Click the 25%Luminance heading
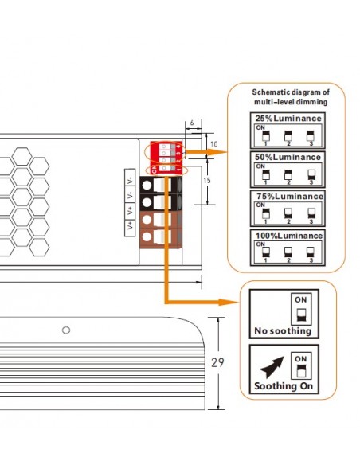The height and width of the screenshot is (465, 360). pyautogui.click(x=288, y=119)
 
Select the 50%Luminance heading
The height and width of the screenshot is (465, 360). pyautogui.click(x=288, y=158)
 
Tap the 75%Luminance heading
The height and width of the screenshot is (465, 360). pyautogui.click(x=288, y=196)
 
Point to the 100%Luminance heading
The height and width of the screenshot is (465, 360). pyautogui.click(x=288, y=235)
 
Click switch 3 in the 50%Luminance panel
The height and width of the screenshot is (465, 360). pyautogui.click(x=311, y=173)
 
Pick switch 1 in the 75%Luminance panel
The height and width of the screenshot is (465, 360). pyautogui.click(x=264, y=212)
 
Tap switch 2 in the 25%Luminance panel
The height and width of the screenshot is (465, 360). pyautogui.click(x=288, y=134)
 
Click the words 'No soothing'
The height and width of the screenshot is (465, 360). pyautogui.click(x=277, y=330)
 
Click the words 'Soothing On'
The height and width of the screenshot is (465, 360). pyautogui.click(x=283, y=387)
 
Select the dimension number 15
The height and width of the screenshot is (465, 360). pyautogui.click(x=205, y=182)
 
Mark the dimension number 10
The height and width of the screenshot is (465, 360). pyautogui.click(x=202, y=143)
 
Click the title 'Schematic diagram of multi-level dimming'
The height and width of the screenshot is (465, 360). pyautogui.click(x=290, y=97)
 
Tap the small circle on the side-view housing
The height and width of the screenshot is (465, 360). pyautogui.click(x=66, y=330)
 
